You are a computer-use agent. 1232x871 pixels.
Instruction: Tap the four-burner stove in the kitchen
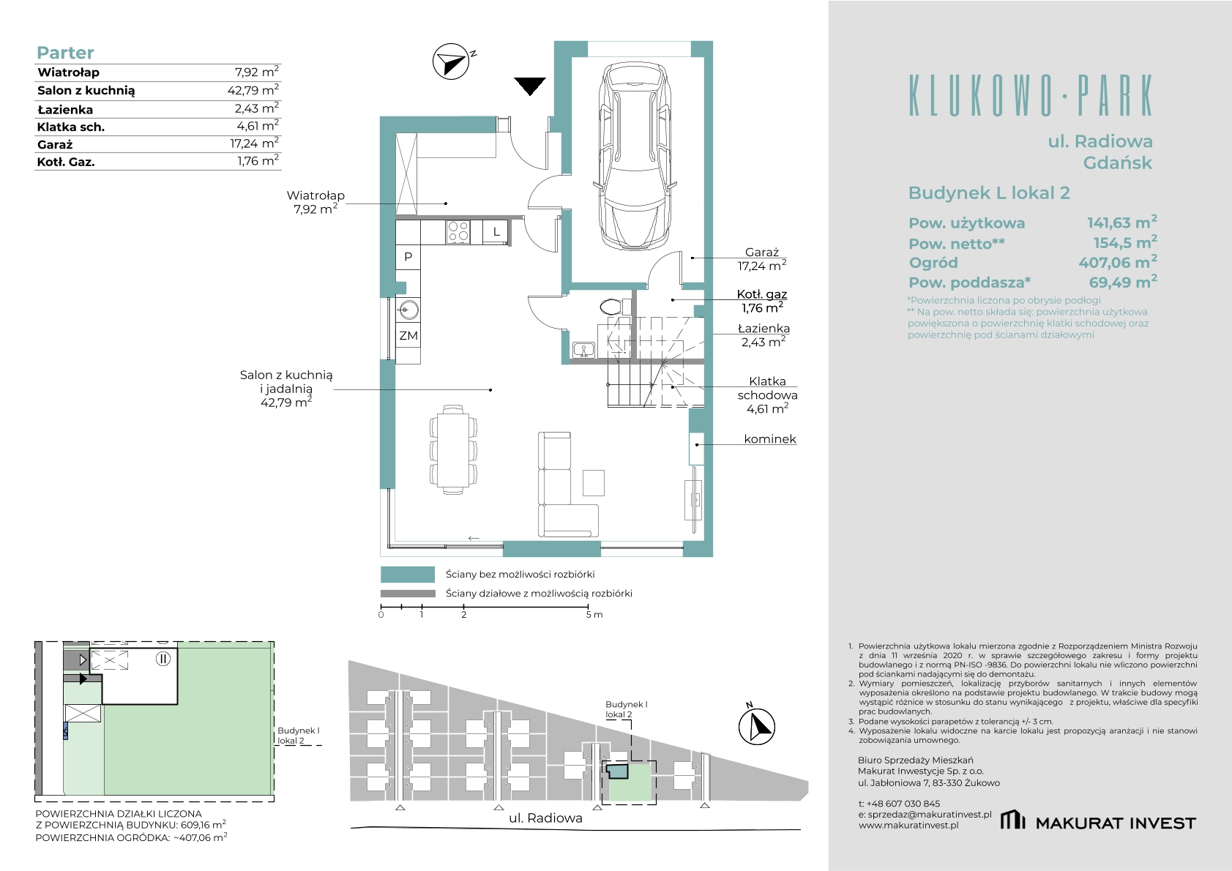tap(458, 231)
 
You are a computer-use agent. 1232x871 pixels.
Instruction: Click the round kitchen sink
tap(408, 310)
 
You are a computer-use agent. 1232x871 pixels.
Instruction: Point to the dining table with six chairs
tap(452, 446)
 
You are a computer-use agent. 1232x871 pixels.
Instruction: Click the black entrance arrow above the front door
tap(530, 86)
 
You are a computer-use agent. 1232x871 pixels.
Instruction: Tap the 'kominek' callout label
tap(770, 439)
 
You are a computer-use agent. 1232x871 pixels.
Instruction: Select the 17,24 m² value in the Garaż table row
tap(254, 143)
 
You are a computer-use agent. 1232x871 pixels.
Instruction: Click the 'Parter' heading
tap(65, 53)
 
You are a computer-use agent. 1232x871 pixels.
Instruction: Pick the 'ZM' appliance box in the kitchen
tap(408, 335)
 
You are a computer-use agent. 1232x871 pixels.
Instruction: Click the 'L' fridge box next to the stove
tap(496, 231)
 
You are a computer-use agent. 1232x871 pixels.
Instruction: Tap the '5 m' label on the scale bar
tap(594, 615)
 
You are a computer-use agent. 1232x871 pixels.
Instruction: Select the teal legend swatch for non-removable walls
tap(408, 574)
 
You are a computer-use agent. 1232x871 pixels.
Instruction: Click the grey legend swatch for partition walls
tap(408, 594)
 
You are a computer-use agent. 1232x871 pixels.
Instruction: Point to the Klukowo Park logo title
tap(1030, 95)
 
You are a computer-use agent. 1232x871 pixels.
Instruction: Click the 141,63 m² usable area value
tap(1122, 223)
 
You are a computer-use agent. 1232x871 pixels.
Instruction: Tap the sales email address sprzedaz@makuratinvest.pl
tap(925, 815)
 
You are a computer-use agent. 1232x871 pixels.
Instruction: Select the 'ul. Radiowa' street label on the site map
tap(545, 818)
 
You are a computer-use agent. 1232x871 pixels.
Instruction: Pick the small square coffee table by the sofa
tap(594, 483)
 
